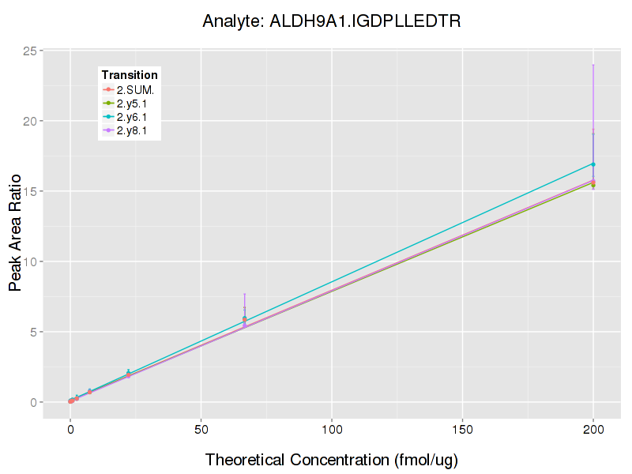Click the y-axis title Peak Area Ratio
pyautogui.click(x=16, y=227)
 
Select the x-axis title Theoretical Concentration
pyautogui.click(x=332, y=460)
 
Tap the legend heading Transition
pyautogui.click(x=130, y=75)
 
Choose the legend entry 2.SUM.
pyautogui.click(x=135, y=90)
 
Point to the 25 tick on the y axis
pyautogui.click(x=30, y=51)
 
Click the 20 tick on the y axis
pyautogui.click(x=30, y=121)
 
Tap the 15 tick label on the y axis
pyautogui.click(x=30, y=191)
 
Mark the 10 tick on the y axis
pyautogui.click(x=30, y=261)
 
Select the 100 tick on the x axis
pyautogui.click(x=332, y=430)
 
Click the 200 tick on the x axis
pyautogui.click(x=593, y=430)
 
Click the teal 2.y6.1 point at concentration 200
pyautogui.click(x=593, y=164)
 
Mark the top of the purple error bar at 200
pyautogui.click(x=593, y=65)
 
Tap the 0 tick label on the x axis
pyautogui.click(x=70, y=430)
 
